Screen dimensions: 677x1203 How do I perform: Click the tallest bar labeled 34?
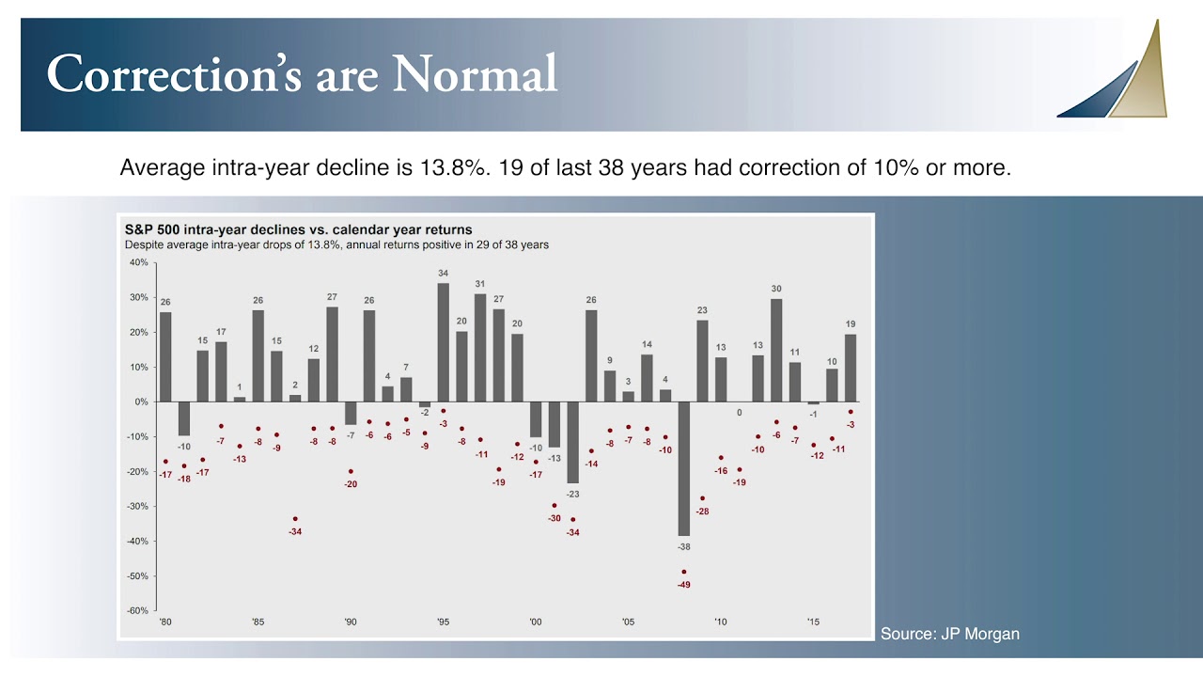(x=443, y=342)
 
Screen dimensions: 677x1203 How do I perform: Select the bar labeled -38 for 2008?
(x=684, y=468)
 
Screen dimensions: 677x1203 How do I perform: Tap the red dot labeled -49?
(x=684, y=572)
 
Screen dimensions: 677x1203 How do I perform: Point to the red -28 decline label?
(x=702, y=512)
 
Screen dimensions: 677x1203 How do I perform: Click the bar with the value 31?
(x=480, y=348)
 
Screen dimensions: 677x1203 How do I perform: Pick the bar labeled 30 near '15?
(x=776, y=350)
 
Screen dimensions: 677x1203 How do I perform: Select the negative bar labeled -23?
(x=572, y=442)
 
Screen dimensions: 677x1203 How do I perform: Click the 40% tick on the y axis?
(x=138, y=262)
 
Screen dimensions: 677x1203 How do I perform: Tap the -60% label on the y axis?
(x=137, y=611)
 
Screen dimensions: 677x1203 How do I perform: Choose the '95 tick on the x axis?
(x=443, y=622)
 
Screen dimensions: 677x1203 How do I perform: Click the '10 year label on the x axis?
(x=721, y=622)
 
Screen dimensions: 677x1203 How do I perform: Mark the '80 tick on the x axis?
(x=165, y=622)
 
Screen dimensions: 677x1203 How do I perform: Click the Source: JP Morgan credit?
(x=949, y=634)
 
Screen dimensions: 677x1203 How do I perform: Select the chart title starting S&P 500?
(x=298, y=229)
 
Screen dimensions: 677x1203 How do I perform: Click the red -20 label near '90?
(x=351, y=484)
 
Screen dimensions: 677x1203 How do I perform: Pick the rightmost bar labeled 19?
(x=851, y=368)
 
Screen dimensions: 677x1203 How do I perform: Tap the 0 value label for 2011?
(x=739, y=412)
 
